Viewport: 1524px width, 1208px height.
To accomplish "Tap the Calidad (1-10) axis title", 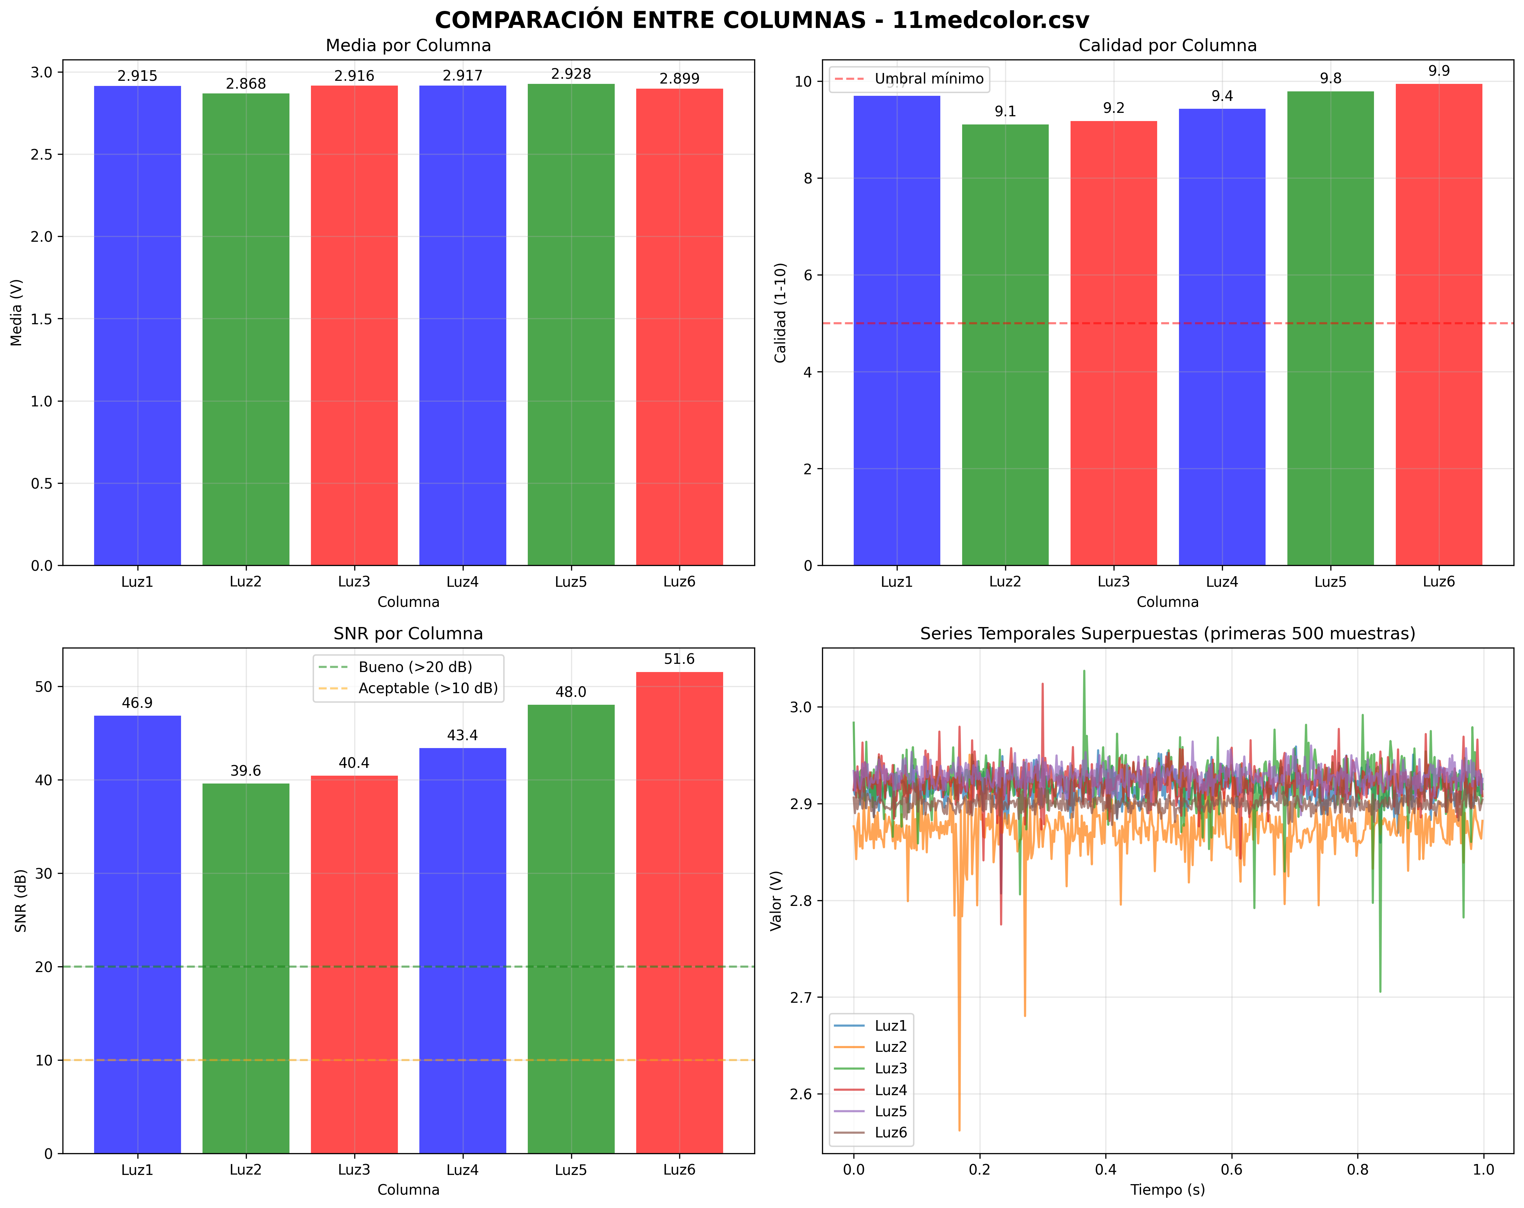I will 780,313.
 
